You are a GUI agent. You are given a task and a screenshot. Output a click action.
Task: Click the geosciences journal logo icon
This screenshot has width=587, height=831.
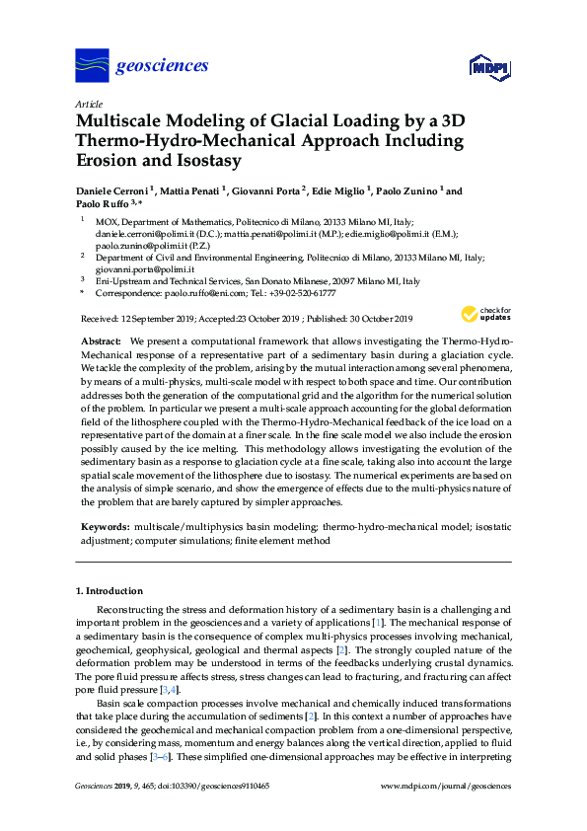coord(93,66)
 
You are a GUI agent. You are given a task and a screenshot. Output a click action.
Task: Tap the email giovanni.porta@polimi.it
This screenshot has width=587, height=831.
coord(144,268)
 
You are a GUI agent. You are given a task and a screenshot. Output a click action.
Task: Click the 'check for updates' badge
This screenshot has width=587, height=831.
coord(484,315)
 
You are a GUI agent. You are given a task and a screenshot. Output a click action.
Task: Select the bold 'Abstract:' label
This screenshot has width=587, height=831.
coord(101,340)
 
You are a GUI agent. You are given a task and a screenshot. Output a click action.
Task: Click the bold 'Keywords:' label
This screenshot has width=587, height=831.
coord(103,528)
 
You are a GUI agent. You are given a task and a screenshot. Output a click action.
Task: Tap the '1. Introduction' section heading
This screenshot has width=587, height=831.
coord(110,591)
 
